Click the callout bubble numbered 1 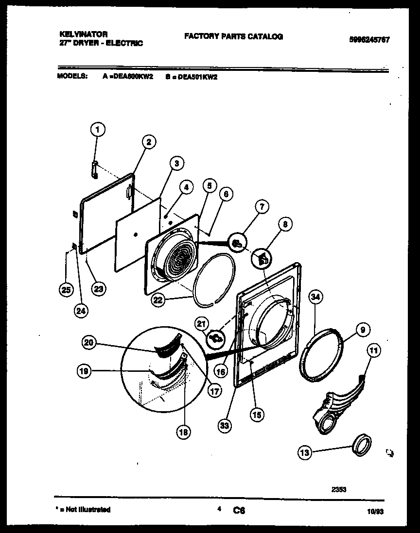[98, 130]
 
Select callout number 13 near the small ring [304, 453]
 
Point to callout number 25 [65, 290]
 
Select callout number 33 [225, 426]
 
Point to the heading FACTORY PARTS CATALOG [233, 36]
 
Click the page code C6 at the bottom [239, 510]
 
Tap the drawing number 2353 [338, 489]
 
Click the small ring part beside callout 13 [363, 445]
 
